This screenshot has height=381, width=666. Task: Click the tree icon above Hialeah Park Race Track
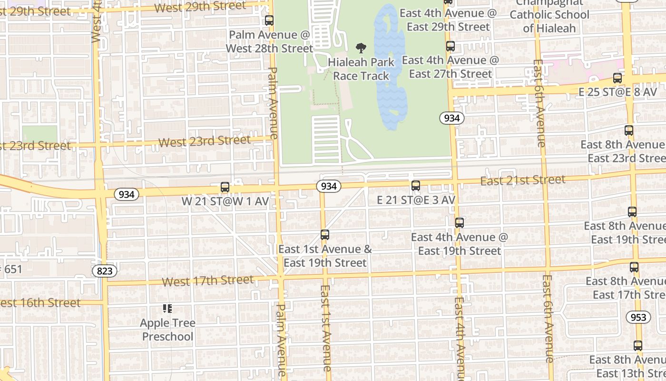361,48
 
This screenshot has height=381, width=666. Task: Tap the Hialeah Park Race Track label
361,69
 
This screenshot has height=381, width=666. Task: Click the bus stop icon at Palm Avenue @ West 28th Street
269,20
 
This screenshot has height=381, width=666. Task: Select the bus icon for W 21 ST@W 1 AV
225,187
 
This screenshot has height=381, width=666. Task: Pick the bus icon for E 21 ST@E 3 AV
415,186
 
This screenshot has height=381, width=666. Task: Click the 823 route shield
104,271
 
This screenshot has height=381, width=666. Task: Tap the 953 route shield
637,317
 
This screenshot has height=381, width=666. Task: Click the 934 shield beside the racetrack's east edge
451,118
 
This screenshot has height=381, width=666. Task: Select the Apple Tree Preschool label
167,330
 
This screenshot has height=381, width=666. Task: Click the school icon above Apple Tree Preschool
167,309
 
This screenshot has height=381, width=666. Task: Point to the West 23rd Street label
204,141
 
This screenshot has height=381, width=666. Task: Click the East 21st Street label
522,180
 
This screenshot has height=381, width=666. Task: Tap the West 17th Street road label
207,281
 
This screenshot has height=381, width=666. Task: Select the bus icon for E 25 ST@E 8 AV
617,78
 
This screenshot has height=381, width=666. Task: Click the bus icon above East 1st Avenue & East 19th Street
324,234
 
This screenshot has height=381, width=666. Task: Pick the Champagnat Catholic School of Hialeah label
549,15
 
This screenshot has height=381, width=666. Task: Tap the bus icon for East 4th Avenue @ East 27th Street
450,47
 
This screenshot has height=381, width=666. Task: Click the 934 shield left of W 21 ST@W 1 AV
126,194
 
